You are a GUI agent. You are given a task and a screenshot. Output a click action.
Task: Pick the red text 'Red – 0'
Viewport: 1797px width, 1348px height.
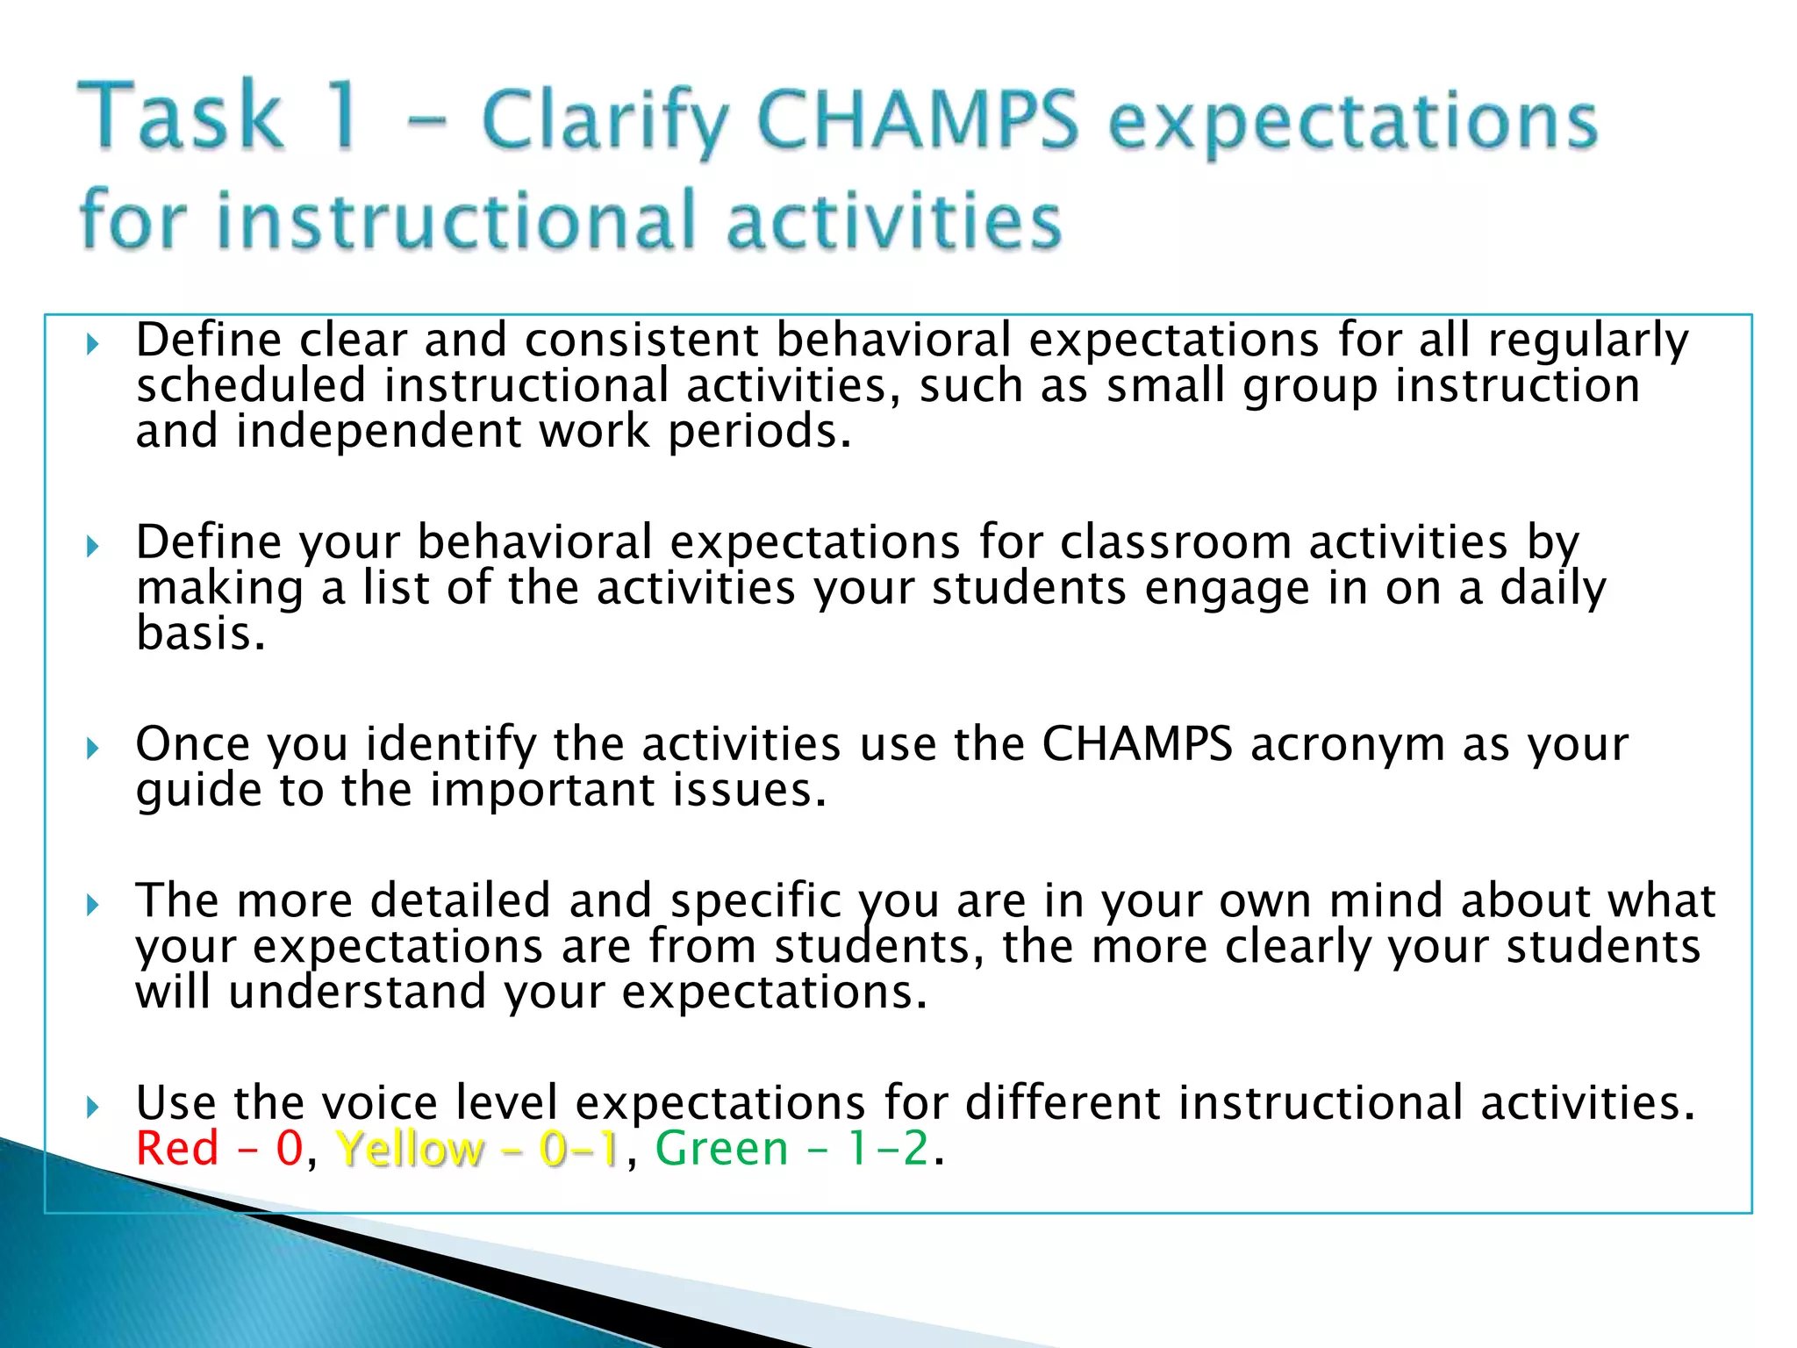click(219, 1149)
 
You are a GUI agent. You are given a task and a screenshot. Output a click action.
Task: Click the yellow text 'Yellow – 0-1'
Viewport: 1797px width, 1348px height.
click(478, 1149)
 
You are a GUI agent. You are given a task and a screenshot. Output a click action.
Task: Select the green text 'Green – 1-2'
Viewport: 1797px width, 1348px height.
click(791, 1149)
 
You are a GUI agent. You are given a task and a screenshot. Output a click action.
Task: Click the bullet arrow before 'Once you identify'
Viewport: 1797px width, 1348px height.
click(93, 748)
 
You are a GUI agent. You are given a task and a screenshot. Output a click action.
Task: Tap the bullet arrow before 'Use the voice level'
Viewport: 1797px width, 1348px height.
click(93, 1107)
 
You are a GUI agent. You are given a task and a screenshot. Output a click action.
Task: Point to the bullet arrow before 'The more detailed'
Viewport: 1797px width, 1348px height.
click(93, 905)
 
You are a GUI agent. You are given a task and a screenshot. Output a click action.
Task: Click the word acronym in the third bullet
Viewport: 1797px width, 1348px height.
click(1348, 745)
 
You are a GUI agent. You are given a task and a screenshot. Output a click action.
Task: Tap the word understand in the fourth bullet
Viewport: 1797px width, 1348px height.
click(357, 993)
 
